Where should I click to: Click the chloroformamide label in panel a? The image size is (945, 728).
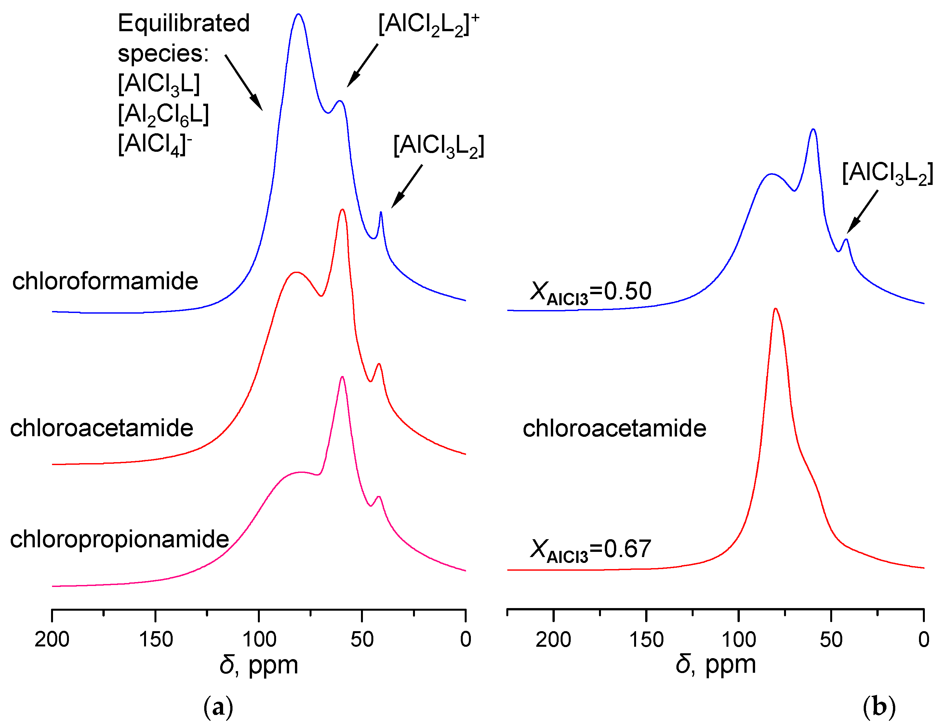tap(105, 281)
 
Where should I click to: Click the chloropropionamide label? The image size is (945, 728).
tap(119, 539)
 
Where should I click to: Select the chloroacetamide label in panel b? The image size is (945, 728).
tap(614, 428)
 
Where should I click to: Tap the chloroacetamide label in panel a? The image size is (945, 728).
tap(102, 428)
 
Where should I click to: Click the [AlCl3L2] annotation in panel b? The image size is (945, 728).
tap(887, 173)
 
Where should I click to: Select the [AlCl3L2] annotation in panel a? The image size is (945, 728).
tap(439, 146)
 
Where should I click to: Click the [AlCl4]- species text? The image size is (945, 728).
tap(154, 144)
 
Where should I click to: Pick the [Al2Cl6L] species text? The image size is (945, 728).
tap(163, 115)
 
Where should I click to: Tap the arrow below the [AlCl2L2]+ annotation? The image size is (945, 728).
tap(363, 65)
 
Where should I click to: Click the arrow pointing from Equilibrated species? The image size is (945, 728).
tap(244, 82)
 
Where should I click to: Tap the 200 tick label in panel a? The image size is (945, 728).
tap(52, 639)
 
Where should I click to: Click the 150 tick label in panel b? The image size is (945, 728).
tap(646, 639)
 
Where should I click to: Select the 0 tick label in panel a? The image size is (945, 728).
tap(466, 639)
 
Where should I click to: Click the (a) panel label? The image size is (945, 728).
tap(218, 707)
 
